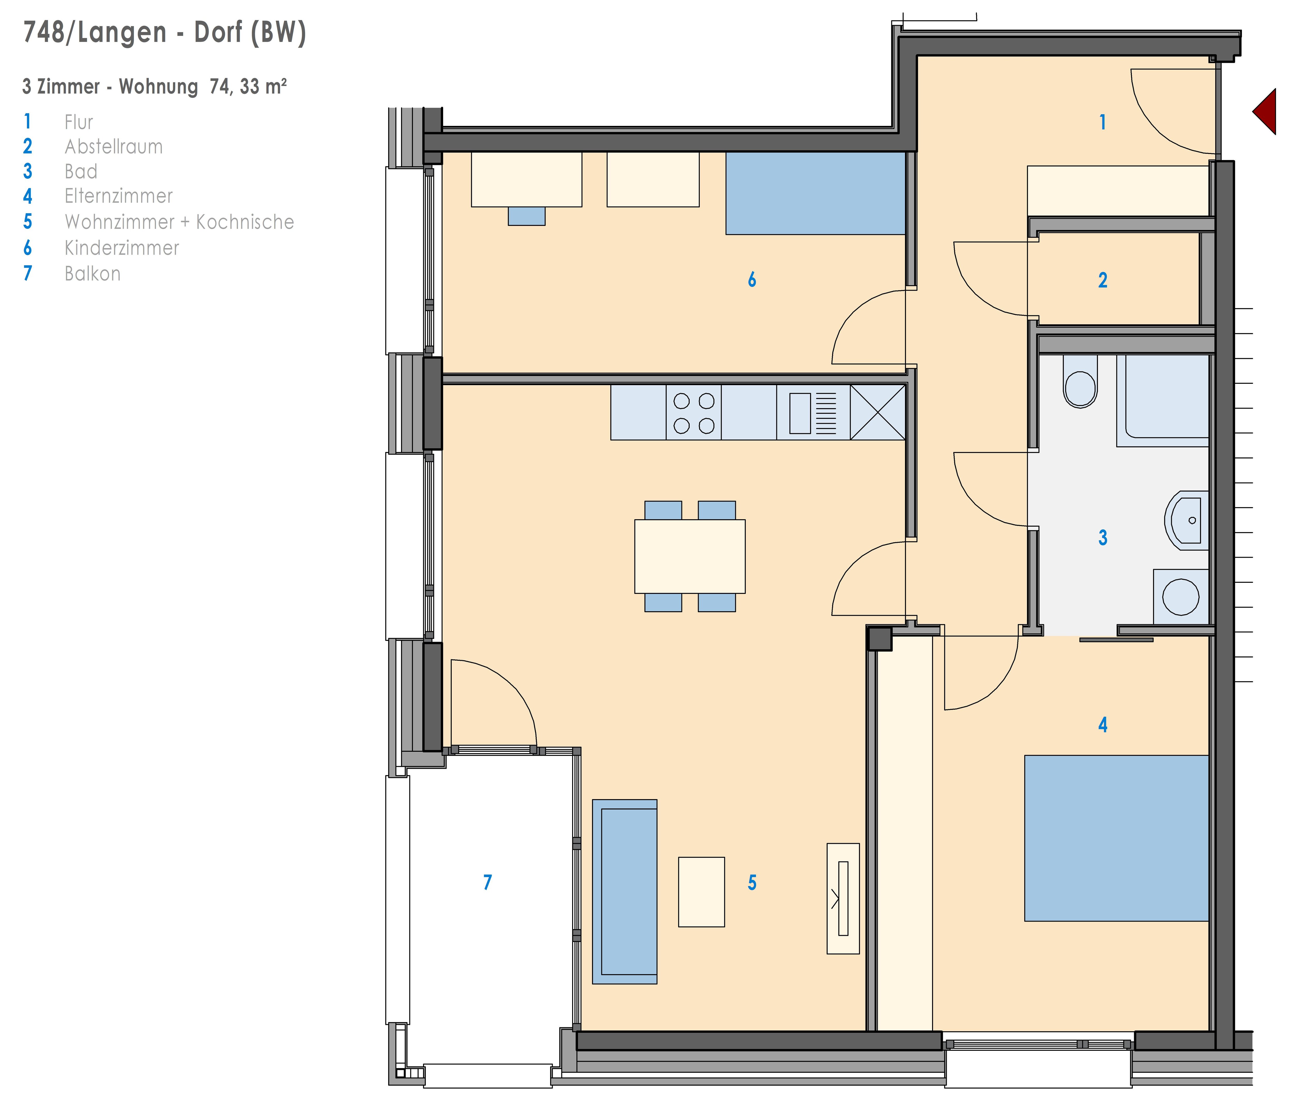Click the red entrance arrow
click(1267, 112)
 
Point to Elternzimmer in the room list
click(118, 196)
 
